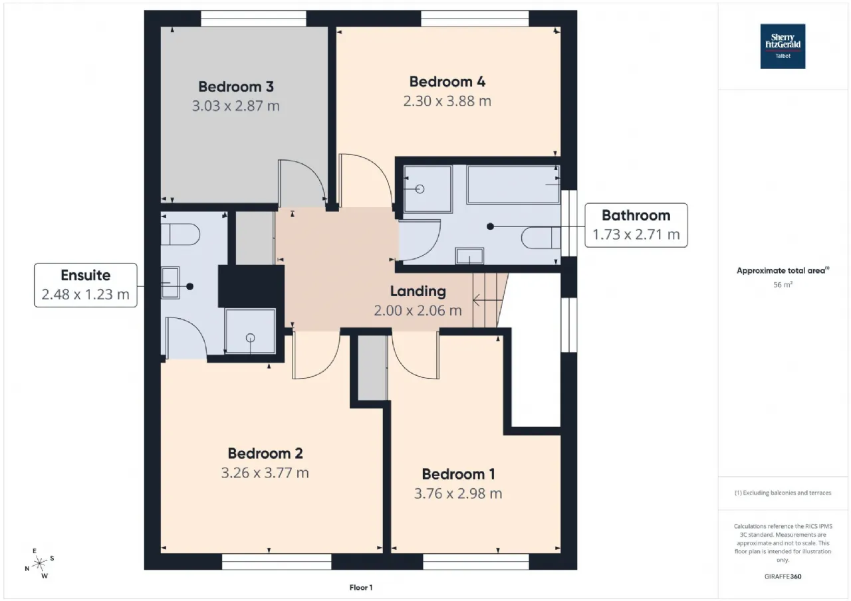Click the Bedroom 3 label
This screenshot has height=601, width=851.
(236, 86)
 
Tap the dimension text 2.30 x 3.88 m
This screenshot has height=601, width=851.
(447, 102)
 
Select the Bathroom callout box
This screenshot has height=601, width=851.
(636, 225)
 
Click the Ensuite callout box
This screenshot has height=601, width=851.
(86, 285)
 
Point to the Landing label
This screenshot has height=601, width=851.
(418, 292)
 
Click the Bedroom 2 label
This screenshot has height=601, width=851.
(265, 454)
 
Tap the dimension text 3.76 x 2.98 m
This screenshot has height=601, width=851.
(458, 493)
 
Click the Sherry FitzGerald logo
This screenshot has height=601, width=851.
(783, 46)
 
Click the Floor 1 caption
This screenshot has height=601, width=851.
(361, 588)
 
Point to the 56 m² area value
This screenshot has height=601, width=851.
(783, 285)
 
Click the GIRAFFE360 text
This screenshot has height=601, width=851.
(783, 576)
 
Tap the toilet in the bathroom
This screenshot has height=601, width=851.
(541, 238)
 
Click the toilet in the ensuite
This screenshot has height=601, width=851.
(180, 234)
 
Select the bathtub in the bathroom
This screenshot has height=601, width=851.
(514, 185)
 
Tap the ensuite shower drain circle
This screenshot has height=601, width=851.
(250, 337)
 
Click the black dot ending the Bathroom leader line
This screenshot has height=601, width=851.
(491, 226)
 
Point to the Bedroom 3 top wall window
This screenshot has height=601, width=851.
(253, 19)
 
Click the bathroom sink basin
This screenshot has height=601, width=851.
(469, 256)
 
